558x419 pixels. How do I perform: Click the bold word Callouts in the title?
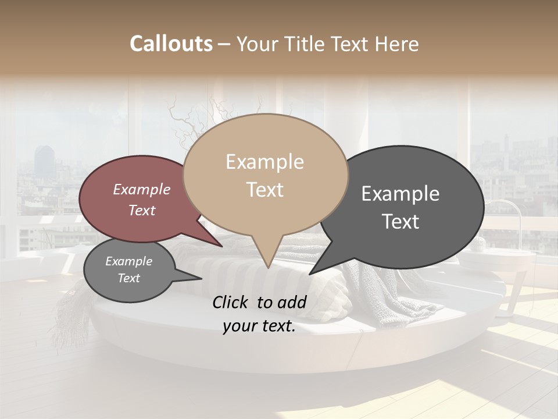[171, 44]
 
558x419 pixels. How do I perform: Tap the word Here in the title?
[396, 44]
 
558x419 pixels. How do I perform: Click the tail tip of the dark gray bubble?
[310, 274]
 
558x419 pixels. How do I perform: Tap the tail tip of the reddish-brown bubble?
[222, 246]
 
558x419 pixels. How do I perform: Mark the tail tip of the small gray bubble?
[201, 279]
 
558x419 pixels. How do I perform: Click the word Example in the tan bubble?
[264, 162]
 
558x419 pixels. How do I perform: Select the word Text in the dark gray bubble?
[401, 221]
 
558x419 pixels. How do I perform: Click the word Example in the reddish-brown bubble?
[142, 189]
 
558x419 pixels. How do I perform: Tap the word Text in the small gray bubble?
[129, 278]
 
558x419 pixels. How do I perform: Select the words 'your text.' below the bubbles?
[259, 326]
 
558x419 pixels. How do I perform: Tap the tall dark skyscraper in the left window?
[44, 159]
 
